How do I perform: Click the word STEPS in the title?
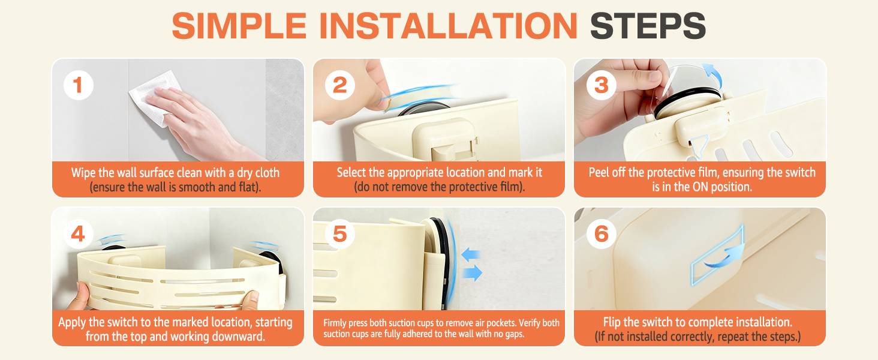tap(648, 26)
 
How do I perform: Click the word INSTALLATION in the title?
tap(449, 26)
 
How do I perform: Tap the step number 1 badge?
tap(79, 85)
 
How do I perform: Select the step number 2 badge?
tap(340, 85)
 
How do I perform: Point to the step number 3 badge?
tap(602, 85)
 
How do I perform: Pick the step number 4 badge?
tap(79, 234)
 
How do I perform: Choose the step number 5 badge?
tap(340, 234)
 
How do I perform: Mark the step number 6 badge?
tap(602, 234)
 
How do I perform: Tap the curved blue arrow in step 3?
tap(714, 75)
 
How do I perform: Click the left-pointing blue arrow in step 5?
tap(471, 254)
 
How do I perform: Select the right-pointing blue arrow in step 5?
tap(473, 272)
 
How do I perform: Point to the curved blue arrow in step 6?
tap(725, 257)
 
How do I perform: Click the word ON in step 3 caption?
tap(700, 187)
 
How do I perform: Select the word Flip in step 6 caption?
tap(612, 322)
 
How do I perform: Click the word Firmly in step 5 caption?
tap(335, 323)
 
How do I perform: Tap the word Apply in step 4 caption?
tap(72, 323)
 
